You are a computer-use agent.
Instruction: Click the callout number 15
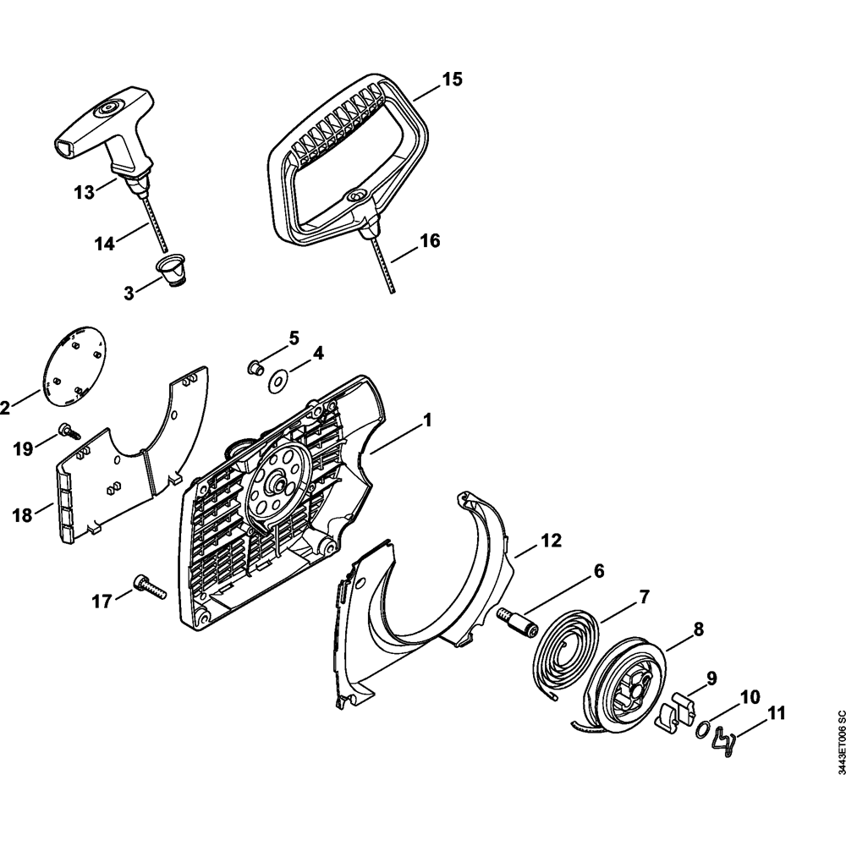point(452,80)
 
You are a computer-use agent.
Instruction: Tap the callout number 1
point(427,419)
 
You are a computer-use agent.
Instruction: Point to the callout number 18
point(20,514)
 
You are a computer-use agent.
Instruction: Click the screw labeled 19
point(68,431)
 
